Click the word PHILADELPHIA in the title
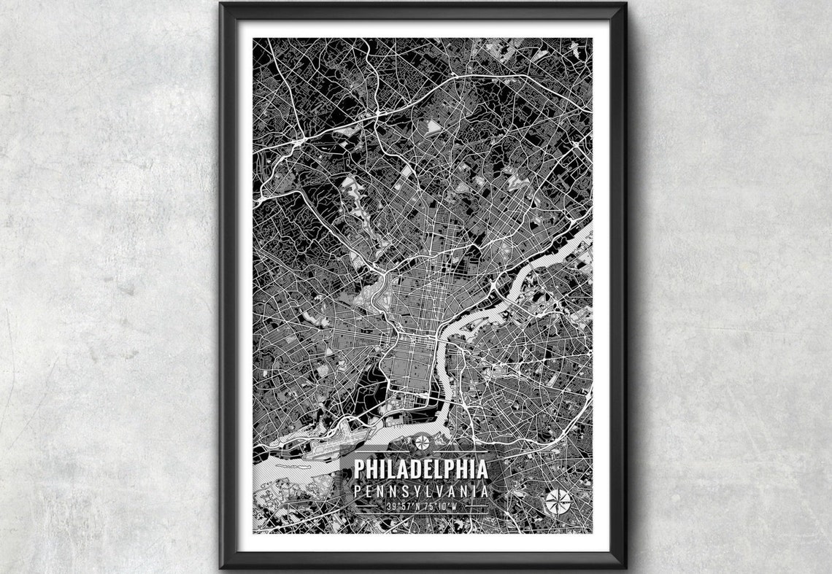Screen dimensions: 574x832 tap(421, 468)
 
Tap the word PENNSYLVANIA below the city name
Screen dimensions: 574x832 tap(421, 491)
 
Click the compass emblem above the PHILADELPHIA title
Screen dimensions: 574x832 tap(422, 442)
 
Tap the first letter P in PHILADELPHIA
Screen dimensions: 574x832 tap(359, 468)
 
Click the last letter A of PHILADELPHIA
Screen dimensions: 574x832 tap(482, 468)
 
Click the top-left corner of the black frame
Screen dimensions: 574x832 tap(220, 4)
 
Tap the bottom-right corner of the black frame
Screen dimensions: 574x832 tap(625, 567)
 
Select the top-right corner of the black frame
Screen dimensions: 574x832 tap(625, 4)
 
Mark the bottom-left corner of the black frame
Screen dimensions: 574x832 tap(220, 567)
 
